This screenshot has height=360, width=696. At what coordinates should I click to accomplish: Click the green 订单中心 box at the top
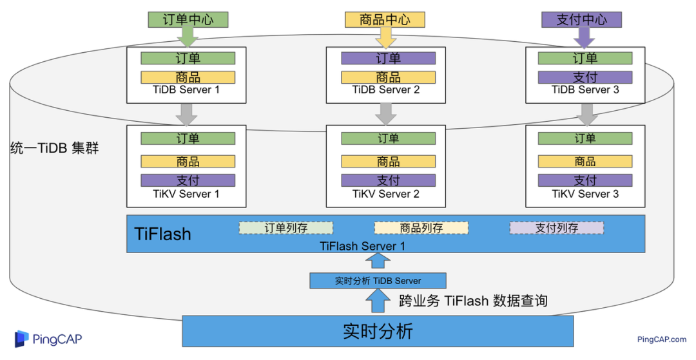pos(188,19)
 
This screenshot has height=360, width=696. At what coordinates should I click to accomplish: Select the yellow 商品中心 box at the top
pos(385,19)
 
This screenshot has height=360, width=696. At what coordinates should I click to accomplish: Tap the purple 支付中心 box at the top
pos(581,19)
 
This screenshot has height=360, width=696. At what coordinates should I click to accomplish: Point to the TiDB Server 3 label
pos(585,90)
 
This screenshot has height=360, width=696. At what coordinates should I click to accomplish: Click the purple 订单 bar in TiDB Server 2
pos(388,58)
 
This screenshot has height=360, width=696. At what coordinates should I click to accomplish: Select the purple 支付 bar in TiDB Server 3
pos(585,77)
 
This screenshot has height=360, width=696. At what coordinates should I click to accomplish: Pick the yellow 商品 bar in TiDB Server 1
pos(188,77)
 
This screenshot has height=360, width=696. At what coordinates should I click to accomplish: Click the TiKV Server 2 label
pos(386,194)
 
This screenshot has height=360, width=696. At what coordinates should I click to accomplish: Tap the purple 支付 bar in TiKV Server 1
pos(188,180)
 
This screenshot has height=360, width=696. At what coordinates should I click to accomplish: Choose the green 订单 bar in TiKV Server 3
pos(585,138)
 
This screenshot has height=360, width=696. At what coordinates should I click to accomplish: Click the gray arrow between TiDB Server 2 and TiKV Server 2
pos(386,114)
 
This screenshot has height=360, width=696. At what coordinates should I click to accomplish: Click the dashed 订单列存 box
pos(286,228)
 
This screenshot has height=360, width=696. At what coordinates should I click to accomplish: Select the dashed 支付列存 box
pos(557,228)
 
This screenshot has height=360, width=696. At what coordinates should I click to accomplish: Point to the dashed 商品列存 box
pos(421,228)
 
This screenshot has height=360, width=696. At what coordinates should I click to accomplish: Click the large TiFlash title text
pos(162,233)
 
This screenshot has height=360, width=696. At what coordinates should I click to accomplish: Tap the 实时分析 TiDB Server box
pos(378,281)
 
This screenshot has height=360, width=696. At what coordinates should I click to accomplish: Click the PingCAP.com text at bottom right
pos(662,339)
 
